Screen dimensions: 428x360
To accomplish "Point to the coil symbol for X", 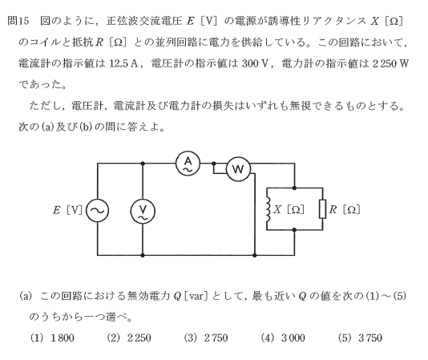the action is pos(269,209).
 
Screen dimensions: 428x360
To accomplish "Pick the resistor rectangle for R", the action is pos(323,209).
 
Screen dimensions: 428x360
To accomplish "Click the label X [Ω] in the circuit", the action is pos(289,209).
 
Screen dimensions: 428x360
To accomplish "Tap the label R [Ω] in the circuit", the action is pos(345,209).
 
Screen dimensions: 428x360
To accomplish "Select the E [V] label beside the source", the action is pos(67,210).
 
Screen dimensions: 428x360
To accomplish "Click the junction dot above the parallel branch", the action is pos(294,188).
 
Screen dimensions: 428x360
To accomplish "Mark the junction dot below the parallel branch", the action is pos(294,230).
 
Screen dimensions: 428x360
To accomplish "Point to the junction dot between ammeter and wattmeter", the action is pos(214,164).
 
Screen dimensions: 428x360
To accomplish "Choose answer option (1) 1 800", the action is pos(52,338).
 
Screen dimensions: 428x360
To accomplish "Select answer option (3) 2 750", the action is pos(206,338).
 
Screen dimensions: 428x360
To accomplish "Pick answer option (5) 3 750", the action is pos(360,338).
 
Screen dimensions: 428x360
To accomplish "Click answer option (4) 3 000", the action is pos(283,338).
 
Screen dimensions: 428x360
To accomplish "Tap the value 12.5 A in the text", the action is pos(123,63).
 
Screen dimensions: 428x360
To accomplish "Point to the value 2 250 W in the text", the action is pos(390,63).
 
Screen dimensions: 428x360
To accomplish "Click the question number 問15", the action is pos(18,21).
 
